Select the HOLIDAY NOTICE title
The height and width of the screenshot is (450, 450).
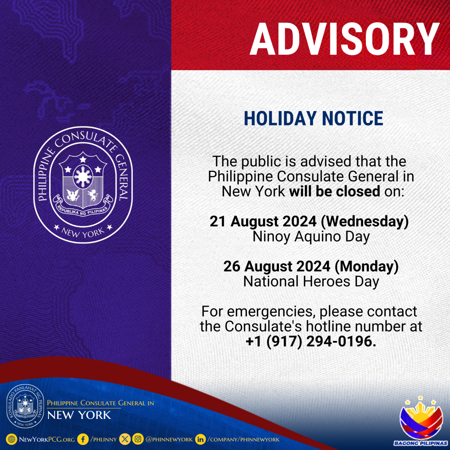click(313, 118)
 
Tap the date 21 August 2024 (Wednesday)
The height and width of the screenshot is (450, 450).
click(309, 221)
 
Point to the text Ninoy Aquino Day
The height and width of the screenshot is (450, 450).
click(311, 237)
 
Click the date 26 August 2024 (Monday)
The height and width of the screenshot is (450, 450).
click(311, 267)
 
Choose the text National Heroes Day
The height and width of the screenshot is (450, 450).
click(311, 282)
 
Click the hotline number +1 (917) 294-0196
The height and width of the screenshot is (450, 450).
click(311, 342)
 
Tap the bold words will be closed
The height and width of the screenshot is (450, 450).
click(335, 192)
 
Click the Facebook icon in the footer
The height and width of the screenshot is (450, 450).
click(83, 439)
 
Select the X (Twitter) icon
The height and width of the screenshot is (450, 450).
click(125, 439)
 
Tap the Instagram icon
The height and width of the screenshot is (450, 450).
click(138, 439)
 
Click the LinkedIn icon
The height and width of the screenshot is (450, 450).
click(200, 439)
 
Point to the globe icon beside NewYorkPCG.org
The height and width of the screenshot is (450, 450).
click(11, 439)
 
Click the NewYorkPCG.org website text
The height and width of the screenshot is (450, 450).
click(47, 439)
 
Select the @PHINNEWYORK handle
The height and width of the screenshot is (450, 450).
click(169, 439)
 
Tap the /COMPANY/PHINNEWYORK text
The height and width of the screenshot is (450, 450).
click(243, 439)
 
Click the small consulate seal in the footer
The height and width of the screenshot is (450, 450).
click(25, 406)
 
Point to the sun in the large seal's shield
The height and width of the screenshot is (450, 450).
click(83, 177)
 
